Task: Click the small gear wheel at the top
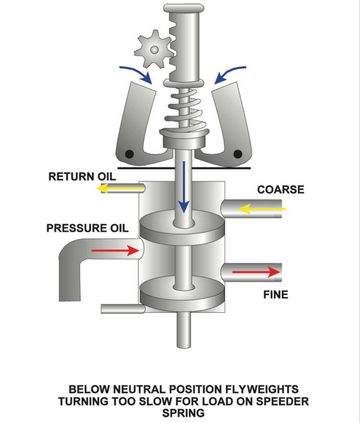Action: point(153,49)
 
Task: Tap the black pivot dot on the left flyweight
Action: point(129,154)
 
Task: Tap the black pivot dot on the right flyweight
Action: point(237,154)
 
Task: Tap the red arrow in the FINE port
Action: point(256,272)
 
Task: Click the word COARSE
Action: point(280,189)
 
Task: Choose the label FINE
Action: point(276,294)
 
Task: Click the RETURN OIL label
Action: point(82,176)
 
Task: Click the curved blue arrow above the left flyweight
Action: point(137,72)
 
